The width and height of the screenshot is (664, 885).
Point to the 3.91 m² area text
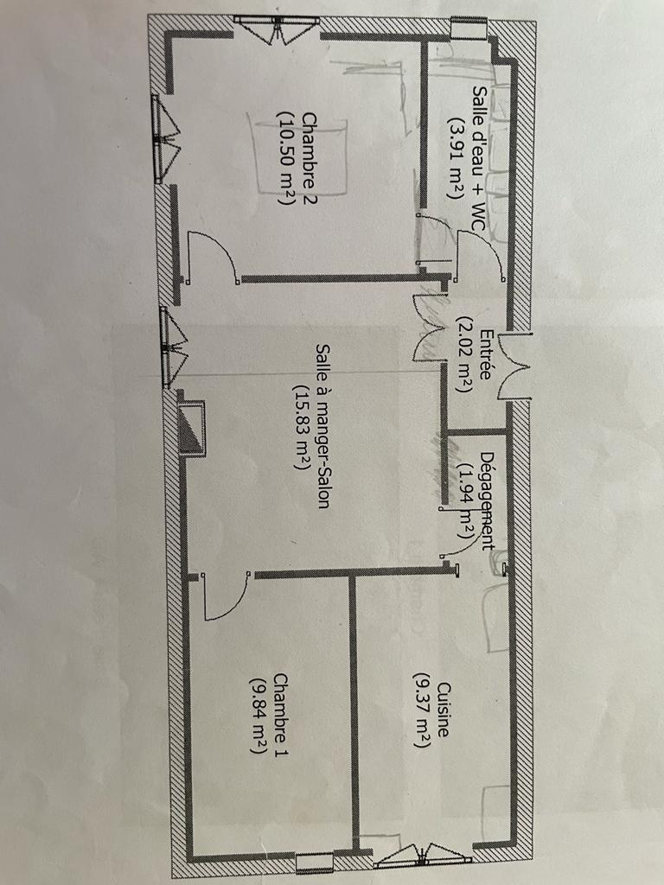pyautogui.click(x=456, y=158)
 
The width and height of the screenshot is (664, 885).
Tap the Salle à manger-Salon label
pyautogui.click(x=323, y=426)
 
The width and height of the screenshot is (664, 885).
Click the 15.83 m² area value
pyautogui.click(x=301, y=427)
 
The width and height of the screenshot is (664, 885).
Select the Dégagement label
pyautogui.click(x=487, y=500)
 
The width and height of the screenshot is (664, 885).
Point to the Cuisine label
pyautogui.click(x=444, y=710)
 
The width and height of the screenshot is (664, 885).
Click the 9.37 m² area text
pyautogui.click(x=422, y=710)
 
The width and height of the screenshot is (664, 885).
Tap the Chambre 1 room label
pyautogui.click(x=279, y=715)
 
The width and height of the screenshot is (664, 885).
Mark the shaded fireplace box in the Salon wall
pyautogui.click(x=192, y=427)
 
